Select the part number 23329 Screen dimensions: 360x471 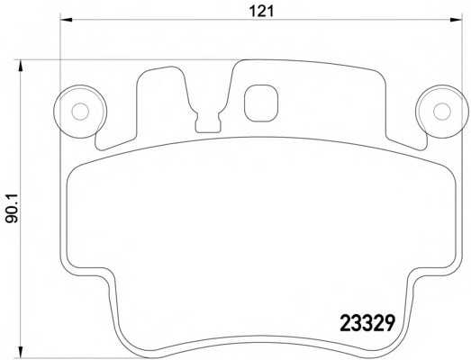[366, 321]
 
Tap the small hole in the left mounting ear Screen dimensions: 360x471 [78, 112]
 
